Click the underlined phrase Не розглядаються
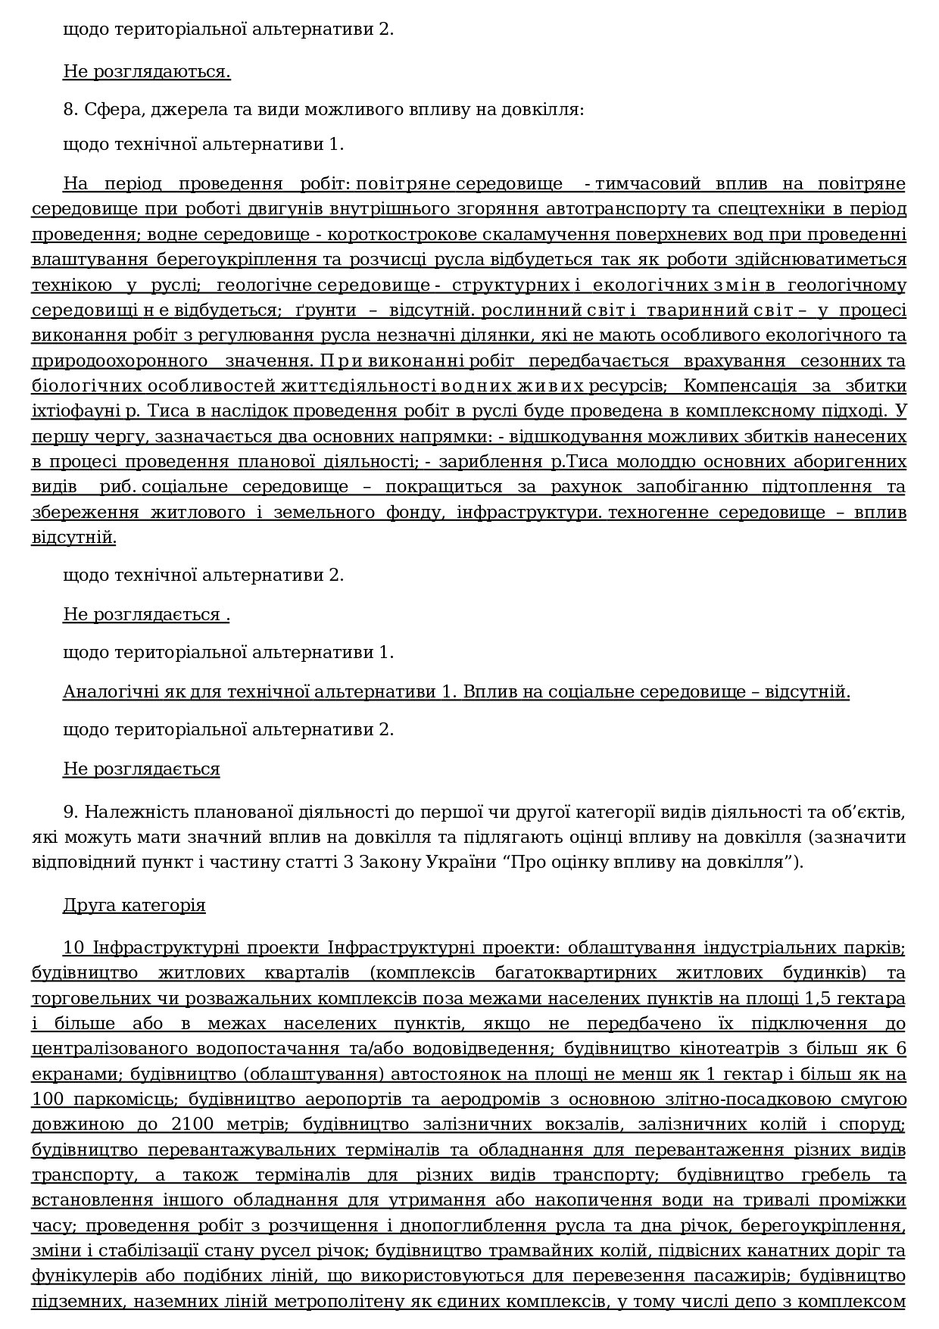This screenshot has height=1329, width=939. pos(146,73)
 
